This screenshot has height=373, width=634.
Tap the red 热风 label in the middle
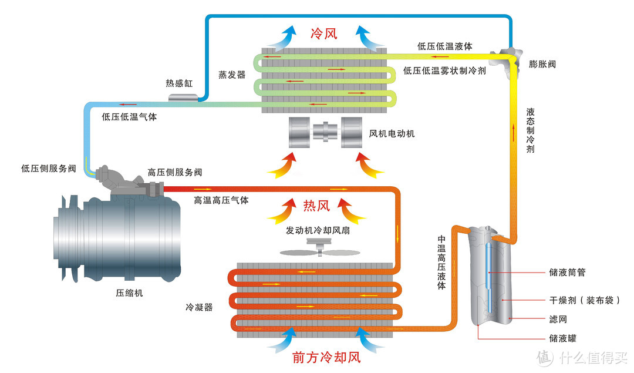316,206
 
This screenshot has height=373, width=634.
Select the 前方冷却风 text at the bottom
326,356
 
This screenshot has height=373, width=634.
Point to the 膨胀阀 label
542,64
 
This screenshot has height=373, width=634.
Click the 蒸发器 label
232,75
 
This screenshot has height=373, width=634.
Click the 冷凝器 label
199,307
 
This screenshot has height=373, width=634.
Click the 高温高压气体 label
221,200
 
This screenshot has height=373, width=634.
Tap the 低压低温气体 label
129,117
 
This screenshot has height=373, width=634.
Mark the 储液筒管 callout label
567,273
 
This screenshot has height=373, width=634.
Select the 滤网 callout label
558,319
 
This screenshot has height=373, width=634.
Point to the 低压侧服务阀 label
49,169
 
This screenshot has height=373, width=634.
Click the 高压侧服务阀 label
175,172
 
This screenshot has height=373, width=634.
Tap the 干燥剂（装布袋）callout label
585,300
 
